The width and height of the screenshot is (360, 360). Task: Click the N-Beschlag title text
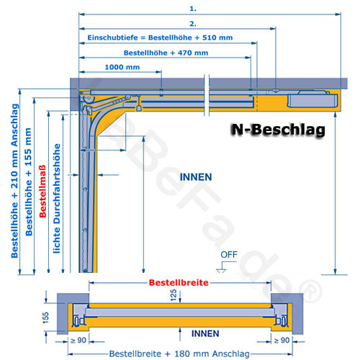click(278, 130)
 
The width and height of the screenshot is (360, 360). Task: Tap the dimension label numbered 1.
click(193, 9)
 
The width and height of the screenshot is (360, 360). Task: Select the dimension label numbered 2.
click(193, 24)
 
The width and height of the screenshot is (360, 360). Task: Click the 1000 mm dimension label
click(122, 67)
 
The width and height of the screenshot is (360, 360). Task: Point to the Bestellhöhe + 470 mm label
click(166, 53)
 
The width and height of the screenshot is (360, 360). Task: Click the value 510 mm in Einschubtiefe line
click(217, 37)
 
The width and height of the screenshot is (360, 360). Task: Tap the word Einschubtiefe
click(112, 37)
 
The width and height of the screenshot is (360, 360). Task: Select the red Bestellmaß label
click(42, 192)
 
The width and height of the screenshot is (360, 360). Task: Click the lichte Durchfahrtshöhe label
click(57, 199)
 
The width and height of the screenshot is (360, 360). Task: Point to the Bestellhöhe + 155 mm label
click(29, 181)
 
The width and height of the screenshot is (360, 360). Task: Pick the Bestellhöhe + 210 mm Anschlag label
click(14, 181)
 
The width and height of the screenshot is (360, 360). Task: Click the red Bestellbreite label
click(179, 282)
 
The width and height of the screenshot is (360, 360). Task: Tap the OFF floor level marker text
click(229, 254)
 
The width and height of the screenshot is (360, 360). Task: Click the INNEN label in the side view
click(196, 177)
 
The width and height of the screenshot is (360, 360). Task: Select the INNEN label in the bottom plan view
click(205, 333)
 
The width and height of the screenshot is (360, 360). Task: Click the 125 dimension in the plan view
click(174, 295)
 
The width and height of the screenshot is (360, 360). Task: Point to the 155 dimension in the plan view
click(45, 318)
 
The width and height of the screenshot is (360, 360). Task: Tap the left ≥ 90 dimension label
click(78, 340)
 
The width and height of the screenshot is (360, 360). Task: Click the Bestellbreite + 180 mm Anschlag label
click(179, 354)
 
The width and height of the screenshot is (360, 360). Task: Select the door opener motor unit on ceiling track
click(312, 99)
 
